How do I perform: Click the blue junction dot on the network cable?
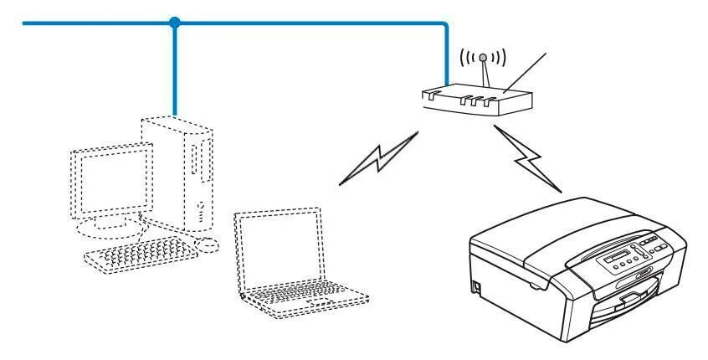[174, 23]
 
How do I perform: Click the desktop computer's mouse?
[207, 244]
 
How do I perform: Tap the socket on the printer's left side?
[477, 286]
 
